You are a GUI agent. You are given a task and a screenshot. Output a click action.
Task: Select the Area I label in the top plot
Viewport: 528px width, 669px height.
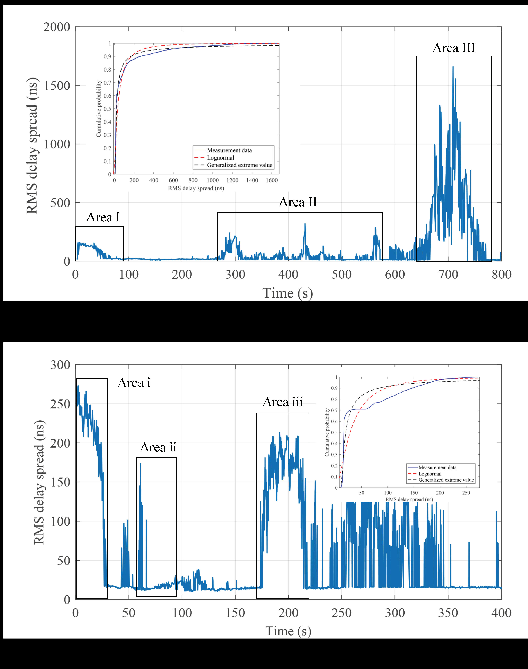(103, 218)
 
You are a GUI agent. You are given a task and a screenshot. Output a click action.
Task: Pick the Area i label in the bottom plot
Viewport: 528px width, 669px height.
(134, 383)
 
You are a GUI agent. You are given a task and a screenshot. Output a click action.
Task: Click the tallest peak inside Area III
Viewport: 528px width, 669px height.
(453, 67)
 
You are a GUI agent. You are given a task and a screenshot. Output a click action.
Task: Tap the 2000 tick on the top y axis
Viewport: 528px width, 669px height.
(57, 27)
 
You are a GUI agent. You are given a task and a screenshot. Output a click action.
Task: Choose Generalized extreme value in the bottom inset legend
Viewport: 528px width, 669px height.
(446, 480)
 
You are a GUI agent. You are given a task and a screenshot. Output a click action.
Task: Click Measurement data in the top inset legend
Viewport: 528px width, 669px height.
(229, 150)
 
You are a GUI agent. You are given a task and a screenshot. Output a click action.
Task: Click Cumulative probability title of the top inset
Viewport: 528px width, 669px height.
(99, 109)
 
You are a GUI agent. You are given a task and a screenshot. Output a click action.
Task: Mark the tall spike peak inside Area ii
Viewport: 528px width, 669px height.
(140, 464)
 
